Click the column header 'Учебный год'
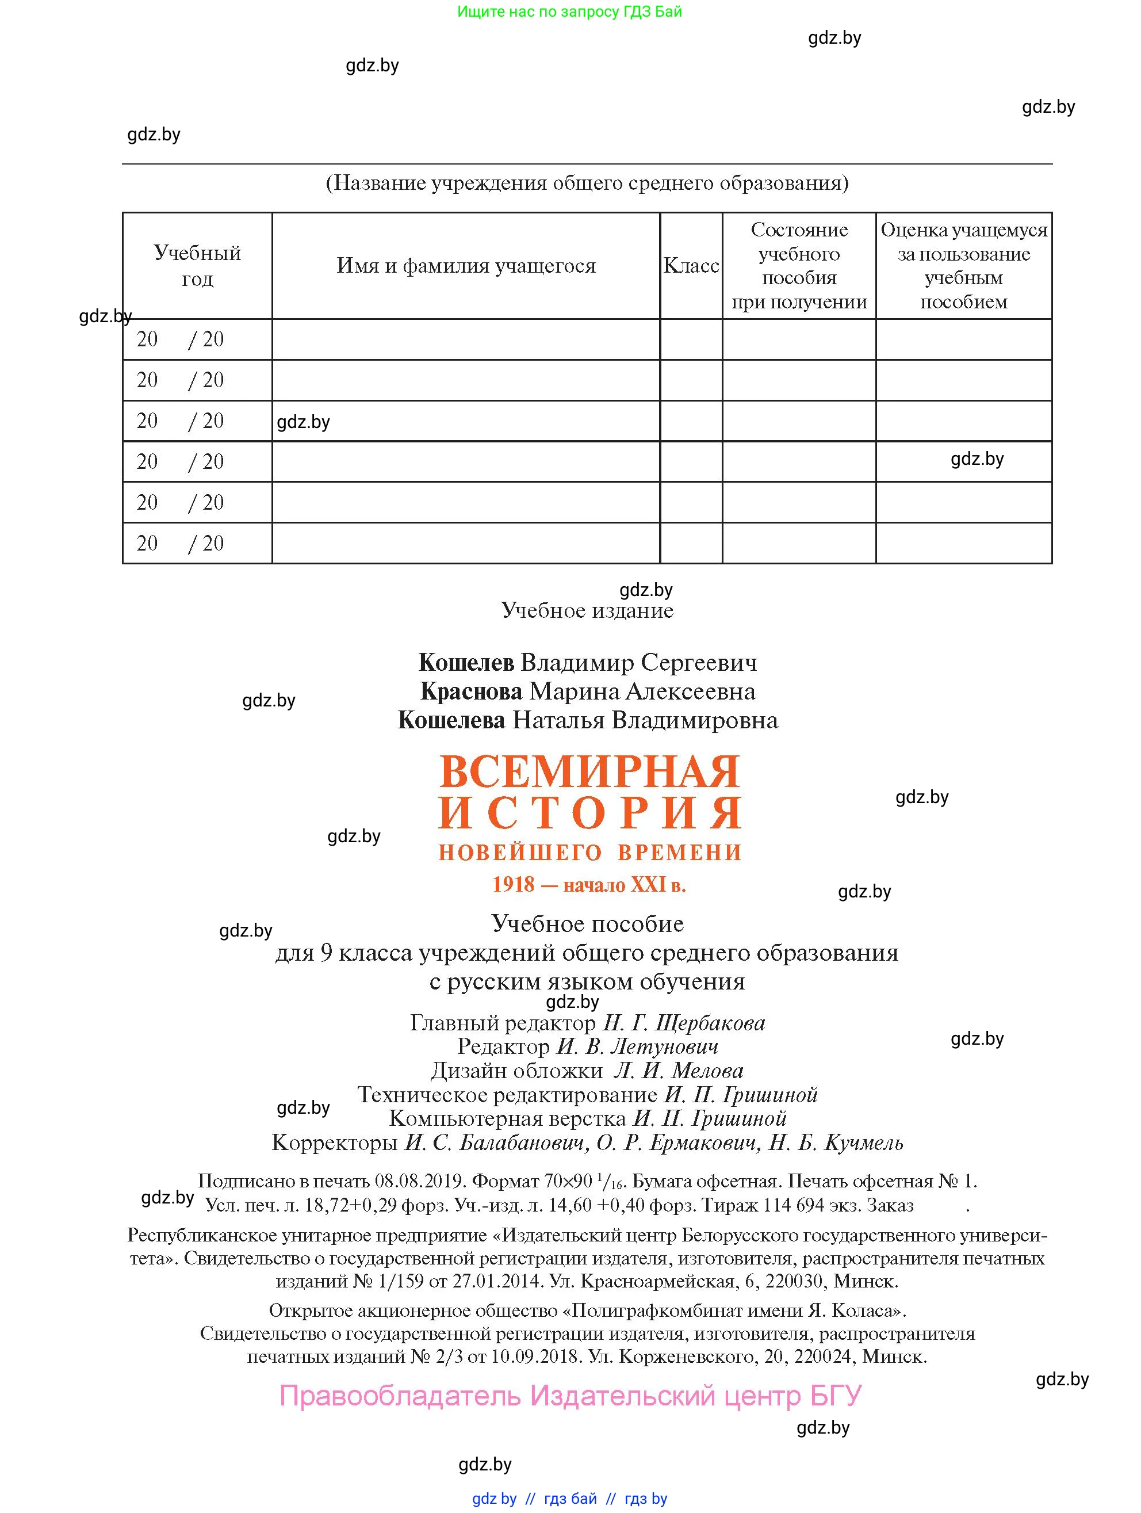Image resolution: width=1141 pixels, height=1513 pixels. coord(197,265)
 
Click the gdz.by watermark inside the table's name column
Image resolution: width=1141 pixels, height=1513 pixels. coord(303,422)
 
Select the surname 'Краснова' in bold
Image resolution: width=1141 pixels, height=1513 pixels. coord(470,691)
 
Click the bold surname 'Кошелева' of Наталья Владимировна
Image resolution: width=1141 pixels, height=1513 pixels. coord(451,720)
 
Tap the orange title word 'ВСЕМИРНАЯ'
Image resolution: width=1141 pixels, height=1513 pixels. coord(589,771)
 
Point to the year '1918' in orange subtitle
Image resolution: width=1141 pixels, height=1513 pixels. coord(513,885)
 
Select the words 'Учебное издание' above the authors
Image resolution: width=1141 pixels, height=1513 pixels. coord(587,610)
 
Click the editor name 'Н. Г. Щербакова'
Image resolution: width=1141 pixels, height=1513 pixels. coord(683,1023)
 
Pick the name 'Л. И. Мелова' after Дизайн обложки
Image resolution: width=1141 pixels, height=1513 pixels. coord(677,1071)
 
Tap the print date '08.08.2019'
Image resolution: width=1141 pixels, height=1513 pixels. coord(420,1181)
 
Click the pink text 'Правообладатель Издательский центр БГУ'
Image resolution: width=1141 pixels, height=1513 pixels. coord(570,1395)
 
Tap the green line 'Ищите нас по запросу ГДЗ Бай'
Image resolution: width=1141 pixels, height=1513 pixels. coord(569,12)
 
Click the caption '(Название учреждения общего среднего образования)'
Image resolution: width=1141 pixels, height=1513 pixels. coord(587,184)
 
